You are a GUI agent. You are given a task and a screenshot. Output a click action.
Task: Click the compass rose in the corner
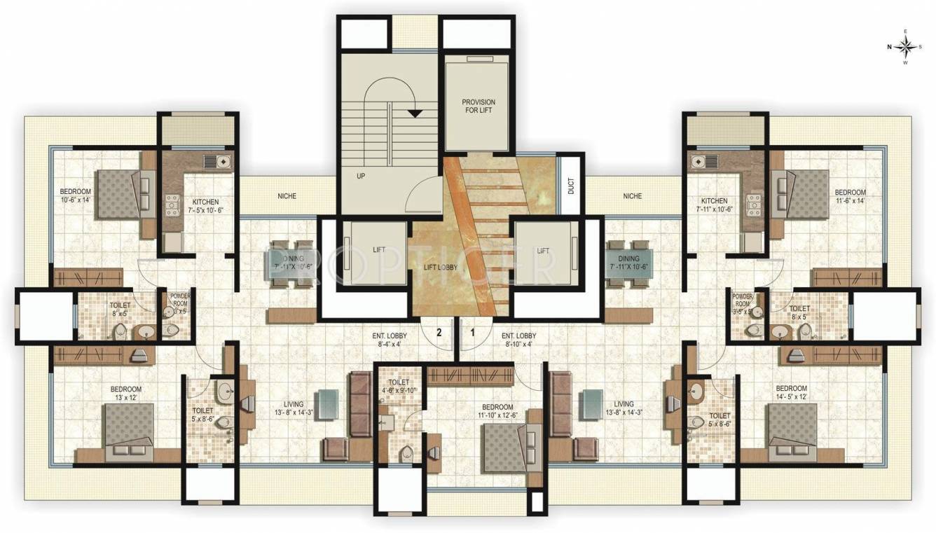pyautogui.click(x=904, y=47)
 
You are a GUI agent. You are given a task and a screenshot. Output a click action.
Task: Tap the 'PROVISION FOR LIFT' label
pyautogui.click(x=479, y=106)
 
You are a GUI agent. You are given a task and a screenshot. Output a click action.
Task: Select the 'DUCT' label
pyautogui.click(x=571, y=186)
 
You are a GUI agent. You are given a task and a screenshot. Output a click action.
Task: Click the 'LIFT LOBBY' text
pyautogui.click(x=441, y=268)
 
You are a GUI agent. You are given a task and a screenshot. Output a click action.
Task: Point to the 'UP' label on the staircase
pyautogui.click(x=361, y=176)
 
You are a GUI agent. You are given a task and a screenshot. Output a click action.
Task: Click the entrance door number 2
pyautogui.click(x=439, y=333)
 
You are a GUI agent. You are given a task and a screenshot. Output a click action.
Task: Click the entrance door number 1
pyautogui.click(x=472, y=333)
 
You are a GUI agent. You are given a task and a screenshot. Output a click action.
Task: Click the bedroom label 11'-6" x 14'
pyautogui.click(x=849, y=196)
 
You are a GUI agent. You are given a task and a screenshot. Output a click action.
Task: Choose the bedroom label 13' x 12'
pyautogui.click(x=126, y=394)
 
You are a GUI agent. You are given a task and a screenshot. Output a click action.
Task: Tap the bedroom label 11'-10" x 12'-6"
pyautogui.click(x=497, y=411)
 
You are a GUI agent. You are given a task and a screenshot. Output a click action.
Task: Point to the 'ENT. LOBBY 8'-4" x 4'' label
pyautogui.click(x=390, y=340)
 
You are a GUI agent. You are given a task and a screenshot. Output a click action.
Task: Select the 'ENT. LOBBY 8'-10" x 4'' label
pyautogui.click(x=519, y=340)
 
